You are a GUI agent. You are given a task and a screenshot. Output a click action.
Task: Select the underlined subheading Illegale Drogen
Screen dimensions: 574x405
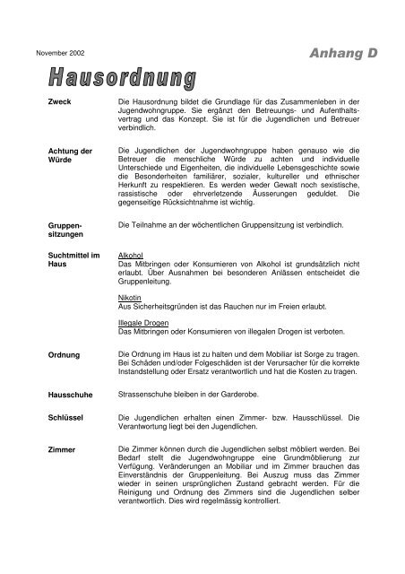[143, 324]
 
